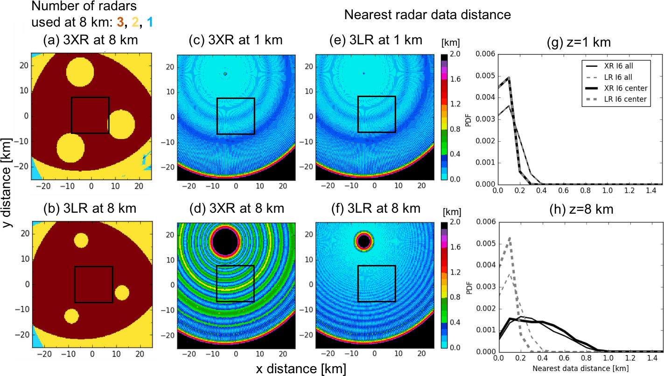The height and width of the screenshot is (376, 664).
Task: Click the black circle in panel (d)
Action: (225, 241)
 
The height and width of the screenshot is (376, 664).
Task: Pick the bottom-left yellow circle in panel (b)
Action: (71, 315)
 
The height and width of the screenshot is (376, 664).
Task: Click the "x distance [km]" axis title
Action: (301, 369)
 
